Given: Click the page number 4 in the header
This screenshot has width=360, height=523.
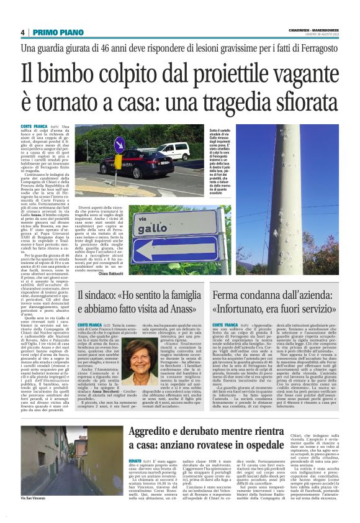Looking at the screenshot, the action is click(x=22, y=32).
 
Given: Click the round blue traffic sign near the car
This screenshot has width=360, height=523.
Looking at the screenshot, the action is click(x=102, y=144).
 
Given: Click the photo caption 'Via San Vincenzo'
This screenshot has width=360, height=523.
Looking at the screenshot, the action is click(x=34, y=516).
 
